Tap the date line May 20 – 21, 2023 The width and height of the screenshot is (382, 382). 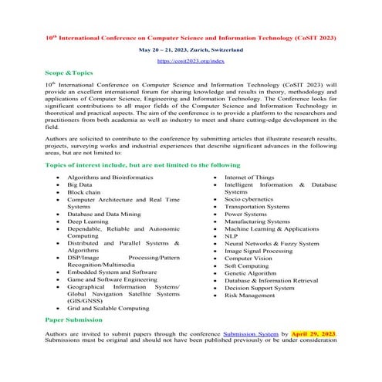190,48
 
